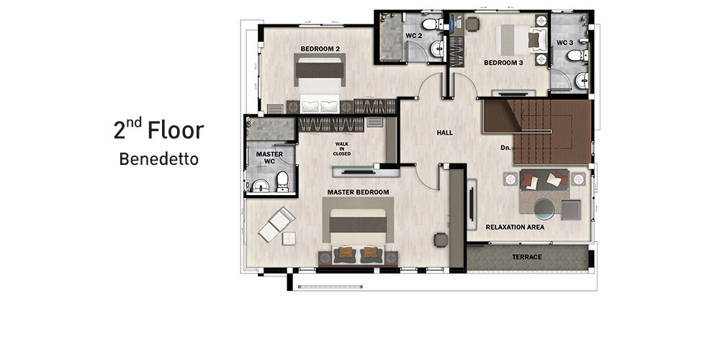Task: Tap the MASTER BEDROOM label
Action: (x=358, y=192)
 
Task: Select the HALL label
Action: (x=444, y=132)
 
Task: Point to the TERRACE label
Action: (x=527, y=257)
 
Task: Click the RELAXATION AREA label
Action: (x=515, y=228)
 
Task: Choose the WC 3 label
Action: (x=564, y=42)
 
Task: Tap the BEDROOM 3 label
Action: (x=504, y=63)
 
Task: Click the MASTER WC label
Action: (x=269, y=158)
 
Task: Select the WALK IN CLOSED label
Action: (x=341, y=149)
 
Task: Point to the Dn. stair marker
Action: (x=505, y=148)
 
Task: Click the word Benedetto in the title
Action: (x=159, y=159)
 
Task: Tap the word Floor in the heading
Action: (x=176, y=130)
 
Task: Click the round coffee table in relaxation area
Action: (x=544, y=209)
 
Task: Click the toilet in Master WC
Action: (x=282, y=181)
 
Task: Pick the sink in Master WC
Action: (x=261, y=186)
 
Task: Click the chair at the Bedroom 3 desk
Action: (x=472, y=24)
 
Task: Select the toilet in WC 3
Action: (x=577, y=55)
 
